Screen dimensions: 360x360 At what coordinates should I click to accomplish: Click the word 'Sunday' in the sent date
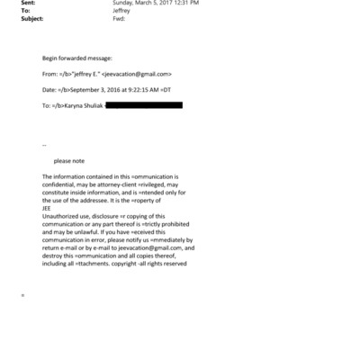click(122, 3)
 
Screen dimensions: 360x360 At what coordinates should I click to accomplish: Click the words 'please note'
click(68, 160)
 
